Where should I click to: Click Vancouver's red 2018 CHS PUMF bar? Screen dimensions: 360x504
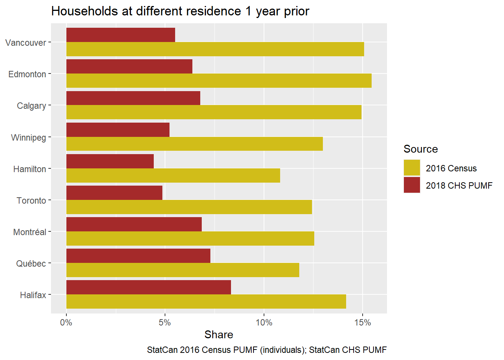coord(120,35)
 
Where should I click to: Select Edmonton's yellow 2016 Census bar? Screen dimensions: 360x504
coord(219,81)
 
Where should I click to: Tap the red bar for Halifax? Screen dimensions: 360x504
coord(148,287)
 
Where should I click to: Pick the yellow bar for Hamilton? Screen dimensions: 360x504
coord(173,175)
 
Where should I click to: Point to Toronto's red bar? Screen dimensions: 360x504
coord(114,193)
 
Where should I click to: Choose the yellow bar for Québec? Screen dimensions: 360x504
coord(183,270)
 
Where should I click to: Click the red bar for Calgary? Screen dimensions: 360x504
coord(133,98)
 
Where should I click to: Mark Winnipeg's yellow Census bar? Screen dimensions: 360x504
coord(194,144)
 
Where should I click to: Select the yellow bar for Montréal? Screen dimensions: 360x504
coord(190,238)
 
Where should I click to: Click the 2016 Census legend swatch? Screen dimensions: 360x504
coord(412,168)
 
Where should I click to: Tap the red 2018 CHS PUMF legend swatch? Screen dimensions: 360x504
coord(412,185)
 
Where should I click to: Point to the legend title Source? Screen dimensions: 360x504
coord(420,149)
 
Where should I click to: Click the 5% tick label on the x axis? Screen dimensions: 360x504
coord(165,322)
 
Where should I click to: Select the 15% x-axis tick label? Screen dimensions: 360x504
coord(362,322)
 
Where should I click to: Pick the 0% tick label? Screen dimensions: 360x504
coord(66,322)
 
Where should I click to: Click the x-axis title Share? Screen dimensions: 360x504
coord(219,334)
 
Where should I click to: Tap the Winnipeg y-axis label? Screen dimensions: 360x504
coord(28,138)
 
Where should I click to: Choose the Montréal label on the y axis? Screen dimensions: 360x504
coord(30,232)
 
